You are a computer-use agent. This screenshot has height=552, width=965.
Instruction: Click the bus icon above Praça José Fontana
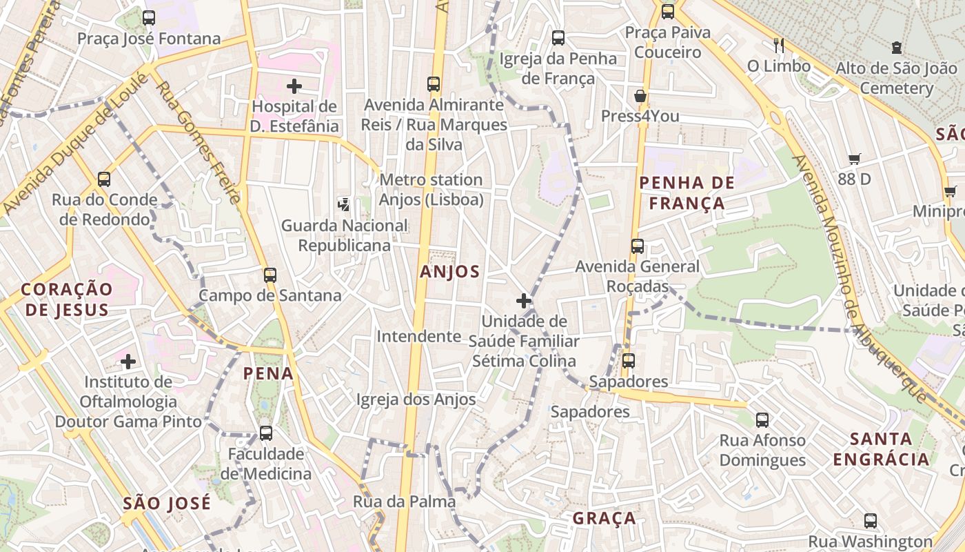point(149,18)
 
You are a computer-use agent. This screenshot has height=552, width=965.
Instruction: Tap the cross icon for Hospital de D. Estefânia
point(294,86)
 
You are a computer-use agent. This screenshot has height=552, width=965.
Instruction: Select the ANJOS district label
point(449,272)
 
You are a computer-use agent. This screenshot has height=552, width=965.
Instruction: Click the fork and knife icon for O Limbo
point(779,46)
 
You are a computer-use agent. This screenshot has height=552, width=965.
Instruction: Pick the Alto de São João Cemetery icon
point(896,48)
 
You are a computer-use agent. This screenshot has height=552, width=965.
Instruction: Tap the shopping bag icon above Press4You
point(640,96)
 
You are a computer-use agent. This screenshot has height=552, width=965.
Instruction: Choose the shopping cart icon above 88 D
point(855,159)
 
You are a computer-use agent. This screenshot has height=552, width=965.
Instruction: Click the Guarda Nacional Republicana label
point(345,235)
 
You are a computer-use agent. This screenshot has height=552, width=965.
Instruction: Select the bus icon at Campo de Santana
point(270,275)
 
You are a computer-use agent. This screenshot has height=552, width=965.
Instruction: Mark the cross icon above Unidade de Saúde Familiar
point(524,301)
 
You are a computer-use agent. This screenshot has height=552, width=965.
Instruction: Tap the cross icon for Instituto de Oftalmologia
point(128,361)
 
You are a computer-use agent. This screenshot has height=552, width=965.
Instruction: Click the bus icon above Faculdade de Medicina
point(266,433)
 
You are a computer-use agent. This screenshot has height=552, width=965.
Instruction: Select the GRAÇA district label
point(605,518)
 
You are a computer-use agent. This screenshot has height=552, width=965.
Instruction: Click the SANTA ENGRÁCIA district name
point(881,449)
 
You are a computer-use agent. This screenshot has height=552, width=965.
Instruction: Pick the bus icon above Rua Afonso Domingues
point(762,420)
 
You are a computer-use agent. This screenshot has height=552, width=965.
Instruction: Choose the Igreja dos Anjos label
point(416,400)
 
